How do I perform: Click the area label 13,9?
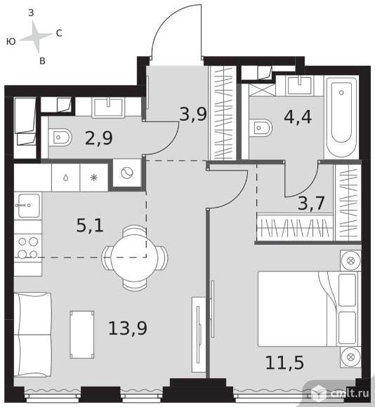128,328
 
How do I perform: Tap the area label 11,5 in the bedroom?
284,362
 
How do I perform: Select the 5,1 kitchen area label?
90,225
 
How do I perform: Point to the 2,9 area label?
99,138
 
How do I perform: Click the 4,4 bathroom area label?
298,116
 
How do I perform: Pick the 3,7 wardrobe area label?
311,203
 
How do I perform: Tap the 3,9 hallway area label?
193,114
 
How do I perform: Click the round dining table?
135,257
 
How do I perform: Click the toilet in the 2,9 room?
60,138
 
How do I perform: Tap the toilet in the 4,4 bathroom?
261,128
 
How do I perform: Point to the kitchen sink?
28,206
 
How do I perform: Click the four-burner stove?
28,248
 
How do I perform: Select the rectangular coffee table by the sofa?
82,335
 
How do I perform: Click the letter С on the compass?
59,33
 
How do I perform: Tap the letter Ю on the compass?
11,41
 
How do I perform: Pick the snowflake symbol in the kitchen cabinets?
94,178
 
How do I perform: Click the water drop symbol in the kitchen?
66,178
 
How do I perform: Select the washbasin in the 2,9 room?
108,107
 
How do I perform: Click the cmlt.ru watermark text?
350,393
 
